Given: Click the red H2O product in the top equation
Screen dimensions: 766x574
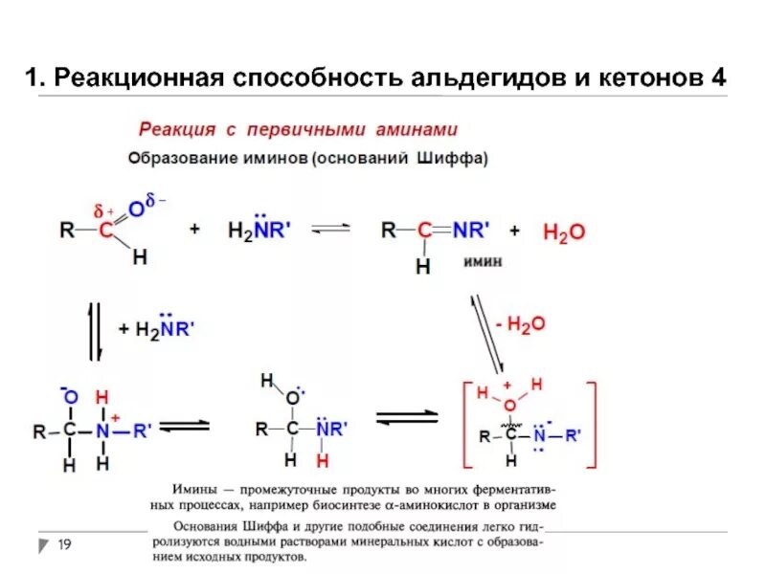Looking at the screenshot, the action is pyautogui.click(x=563, y=232).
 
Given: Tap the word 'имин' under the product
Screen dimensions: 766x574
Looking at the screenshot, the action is pyautogui.click(x=484, y=260).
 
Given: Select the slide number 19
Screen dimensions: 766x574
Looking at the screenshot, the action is pyautogui.click(x=65, y=544).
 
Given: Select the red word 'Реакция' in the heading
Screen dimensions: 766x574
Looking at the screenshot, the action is pyautogui.click(x=173, y=129).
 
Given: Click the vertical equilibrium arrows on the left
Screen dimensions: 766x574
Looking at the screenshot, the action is pyautogui.click(x=96, y=331).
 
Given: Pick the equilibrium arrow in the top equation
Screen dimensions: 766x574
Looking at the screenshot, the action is pyautogui.click(x=332, y=230).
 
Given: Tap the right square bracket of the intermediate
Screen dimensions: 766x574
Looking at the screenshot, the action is pyautogui.click(x=594, y=426).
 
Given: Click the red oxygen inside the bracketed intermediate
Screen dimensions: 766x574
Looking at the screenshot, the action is pyautogui.click(x=509, y=406).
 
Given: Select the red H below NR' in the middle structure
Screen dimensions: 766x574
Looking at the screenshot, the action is pyautogui.click(x=323, y=461).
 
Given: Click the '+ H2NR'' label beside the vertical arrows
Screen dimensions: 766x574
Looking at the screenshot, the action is pyautogui.click(x=157, y=329).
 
